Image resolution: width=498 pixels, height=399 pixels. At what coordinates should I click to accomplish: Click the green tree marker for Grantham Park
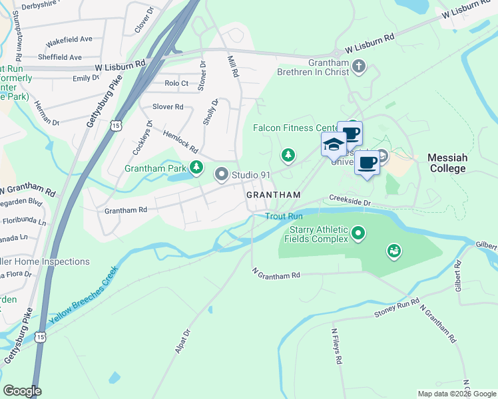click(x=196, y=168)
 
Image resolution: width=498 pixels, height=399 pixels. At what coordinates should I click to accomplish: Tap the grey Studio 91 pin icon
click(x=222, y=175)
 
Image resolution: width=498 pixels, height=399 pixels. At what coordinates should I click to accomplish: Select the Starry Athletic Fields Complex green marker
click(x=359, y=233)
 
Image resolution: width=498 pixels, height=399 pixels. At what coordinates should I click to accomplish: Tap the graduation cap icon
click(x=333, y=144)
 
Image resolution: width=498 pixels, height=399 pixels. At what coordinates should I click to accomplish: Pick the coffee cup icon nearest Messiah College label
click(x=366, y=162)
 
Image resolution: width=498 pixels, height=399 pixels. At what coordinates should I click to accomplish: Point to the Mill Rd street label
click(x=233, y=66)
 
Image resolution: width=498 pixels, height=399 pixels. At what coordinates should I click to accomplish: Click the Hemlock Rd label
click(x=181, y=140)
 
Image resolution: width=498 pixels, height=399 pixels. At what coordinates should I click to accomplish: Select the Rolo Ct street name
click(x=176, y=84)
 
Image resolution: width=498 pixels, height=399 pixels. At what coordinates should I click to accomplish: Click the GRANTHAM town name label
click(x=274, y=196)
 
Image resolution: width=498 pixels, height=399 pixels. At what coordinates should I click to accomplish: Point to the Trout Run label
click(x=284, y=216)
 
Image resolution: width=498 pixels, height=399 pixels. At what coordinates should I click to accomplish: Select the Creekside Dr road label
click(x=349, y=200)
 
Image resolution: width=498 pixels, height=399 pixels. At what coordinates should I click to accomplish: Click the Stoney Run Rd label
click(x=397, y=307)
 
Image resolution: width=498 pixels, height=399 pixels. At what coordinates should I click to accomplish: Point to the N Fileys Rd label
click(x=337, y=345)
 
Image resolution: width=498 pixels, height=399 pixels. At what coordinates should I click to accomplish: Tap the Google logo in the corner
click(x=23, y=391)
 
